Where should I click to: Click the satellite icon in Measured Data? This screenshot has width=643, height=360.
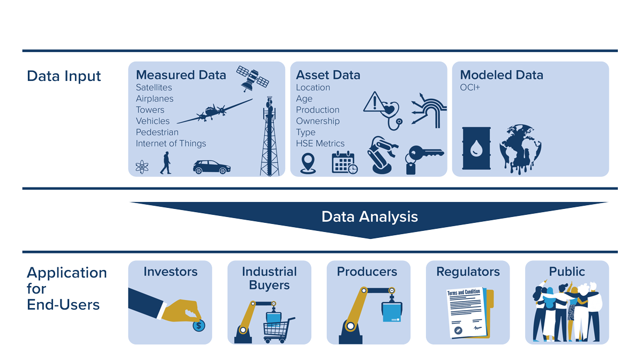click(x=253, y=78)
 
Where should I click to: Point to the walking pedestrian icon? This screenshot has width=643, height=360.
click(x=166, y=162)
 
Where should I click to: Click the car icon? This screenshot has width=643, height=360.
click(x=212, y=167)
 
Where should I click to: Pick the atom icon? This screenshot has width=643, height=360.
click(x=142, y=167)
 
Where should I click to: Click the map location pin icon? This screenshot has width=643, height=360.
click(x=308, y=163)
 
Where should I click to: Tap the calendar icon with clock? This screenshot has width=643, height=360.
click(x=344, y=162)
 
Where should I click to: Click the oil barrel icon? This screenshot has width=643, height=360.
click(x=476, y=148)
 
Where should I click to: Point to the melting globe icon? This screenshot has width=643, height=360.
click(x=520, y=148)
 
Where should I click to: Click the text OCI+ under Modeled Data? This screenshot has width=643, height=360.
click(x=470, y=87)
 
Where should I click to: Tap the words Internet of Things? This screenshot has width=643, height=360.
click(x=170, y=144)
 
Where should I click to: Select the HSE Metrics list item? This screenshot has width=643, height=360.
click(x=320, y=144)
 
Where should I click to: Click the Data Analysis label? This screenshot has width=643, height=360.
click(x=369, y=216)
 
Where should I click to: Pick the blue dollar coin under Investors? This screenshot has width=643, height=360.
click(x=199, y=325)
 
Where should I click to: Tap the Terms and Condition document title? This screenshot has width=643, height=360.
click(x=463, y=292)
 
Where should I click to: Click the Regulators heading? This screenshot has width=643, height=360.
click(x=468, y=272)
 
